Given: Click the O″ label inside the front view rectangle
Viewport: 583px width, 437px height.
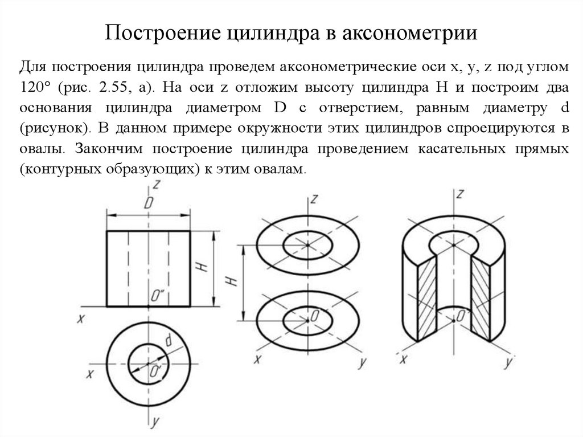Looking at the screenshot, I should [x=157, y=295].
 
